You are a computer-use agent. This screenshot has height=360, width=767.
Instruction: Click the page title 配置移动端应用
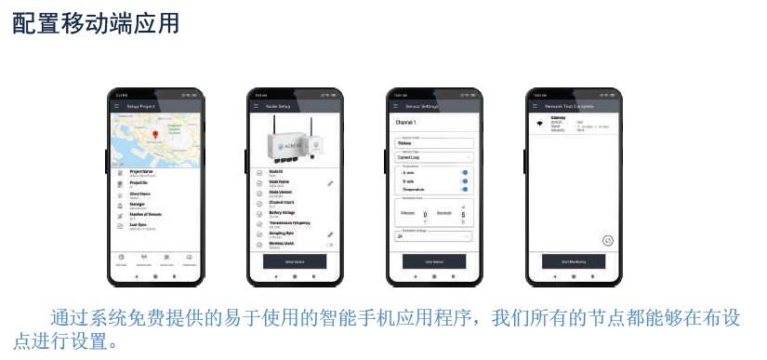tap(95, 23)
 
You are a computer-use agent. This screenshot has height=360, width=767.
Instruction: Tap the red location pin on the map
tap(155, 136)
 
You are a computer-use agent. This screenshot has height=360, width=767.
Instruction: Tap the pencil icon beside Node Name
tap(330, 183)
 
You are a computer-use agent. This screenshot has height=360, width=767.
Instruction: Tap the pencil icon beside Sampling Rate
tap(330, 234)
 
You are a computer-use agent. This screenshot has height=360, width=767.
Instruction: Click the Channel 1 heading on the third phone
tap(407, 122)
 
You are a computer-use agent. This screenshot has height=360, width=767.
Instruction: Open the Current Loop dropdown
tap(433, 158)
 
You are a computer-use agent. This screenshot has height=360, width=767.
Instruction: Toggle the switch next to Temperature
tap(464, 189)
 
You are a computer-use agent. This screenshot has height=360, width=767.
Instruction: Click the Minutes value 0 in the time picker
tap(425, 215)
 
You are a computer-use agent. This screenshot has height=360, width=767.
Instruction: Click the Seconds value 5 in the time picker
tap(463, 215)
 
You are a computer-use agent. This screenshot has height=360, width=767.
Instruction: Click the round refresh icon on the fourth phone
tap(608, 240)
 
